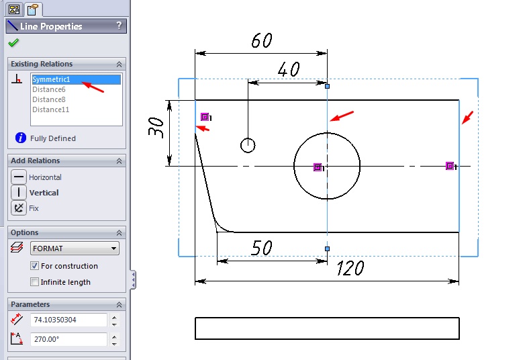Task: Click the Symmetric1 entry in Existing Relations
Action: click(x=51, y=79)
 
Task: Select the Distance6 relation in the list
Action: click(x=49, y=89)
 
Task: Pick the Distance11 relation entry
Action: click(x=51, y=109)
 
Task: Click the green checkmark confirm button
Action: click(x=13, y=43)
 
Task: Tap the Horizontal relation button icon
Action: click(x=19, y=177)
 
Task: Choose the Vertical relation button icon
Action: click(x=19, y=193)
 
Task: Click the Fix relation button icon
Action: click(x=19, y=208)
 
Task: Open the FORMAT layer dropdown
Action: click(x=75, y=249)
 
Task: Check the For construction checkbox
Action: click(x=34, y=266)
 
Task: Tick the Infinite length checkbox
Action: click(x=34, y=281)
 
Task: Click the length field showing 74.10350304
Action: click(x=69, y=320)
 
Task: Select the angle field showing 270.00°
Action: click(x=69, y=339)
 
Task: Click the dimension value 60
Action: click(x=261, y=40)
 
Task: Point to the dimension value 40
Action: click(x=289, y=69)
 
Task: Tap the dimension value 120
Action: click(x=350, y=268)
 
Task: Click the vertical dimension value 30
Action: click(x=156, y=128)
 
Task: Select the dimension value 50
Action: click(x=261, y=248)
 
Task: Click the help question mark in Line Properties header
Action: click(x=119, y=26)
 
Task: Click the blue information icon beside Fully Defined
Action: click(x=21, y=138)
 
